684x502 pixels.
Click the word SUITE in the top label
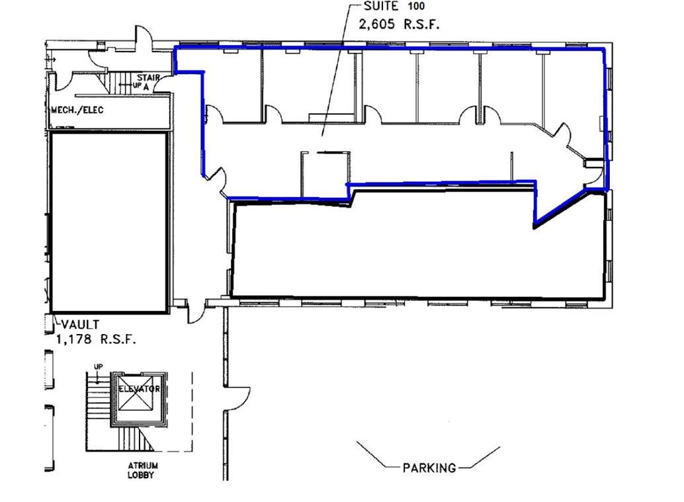(x=381, y=6)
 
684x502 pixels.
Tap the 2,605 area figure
(x=376, y=24)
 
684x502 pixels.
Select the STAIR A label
(x=148, y=82)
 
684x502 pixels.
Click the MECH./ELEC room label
(x=77, y=110)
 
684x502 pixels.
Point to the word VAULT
(x=80, y=325)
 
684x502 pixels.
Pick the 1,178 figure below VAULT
(x=74, y=339)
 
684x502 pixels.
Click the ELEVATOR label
(x=139, y=389)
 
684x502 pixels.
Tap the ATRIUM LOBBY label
(x=143, y=471)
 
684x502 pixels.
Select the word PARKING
(x=429, y=468)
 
